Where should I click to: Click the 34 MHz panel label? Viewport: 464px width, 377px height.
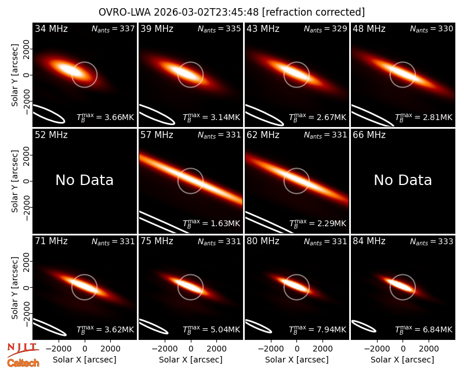51,28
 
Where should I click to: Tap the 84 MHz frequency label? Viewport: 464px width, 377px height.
369,241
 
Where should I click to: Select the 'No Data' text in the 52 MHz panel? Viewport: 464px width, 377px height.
85,180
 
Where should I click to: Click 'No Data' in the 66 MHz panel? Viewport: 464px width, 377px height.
403,180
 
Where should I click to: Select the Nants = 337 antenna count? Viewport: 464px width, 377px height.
113,28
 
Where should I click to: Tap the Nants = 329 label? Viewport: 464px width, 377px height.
325,28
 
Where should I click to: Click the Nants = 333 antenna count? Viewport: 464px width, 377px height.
432,241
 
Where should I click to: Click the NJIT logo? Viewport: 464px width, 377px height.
23,350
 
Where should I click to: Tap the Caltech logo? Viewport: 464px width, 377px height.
23,363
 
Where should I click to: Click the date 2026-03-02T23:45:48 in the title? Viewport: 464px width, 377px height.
206,12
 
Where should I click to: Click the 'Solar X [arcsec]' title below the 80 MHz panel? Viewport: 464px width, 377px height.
297,360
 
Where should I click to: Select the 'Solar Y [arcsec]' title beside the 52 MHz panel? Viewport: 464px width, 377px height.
14,181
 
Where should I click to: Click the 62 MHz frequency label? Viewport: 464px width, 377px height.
263,135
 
